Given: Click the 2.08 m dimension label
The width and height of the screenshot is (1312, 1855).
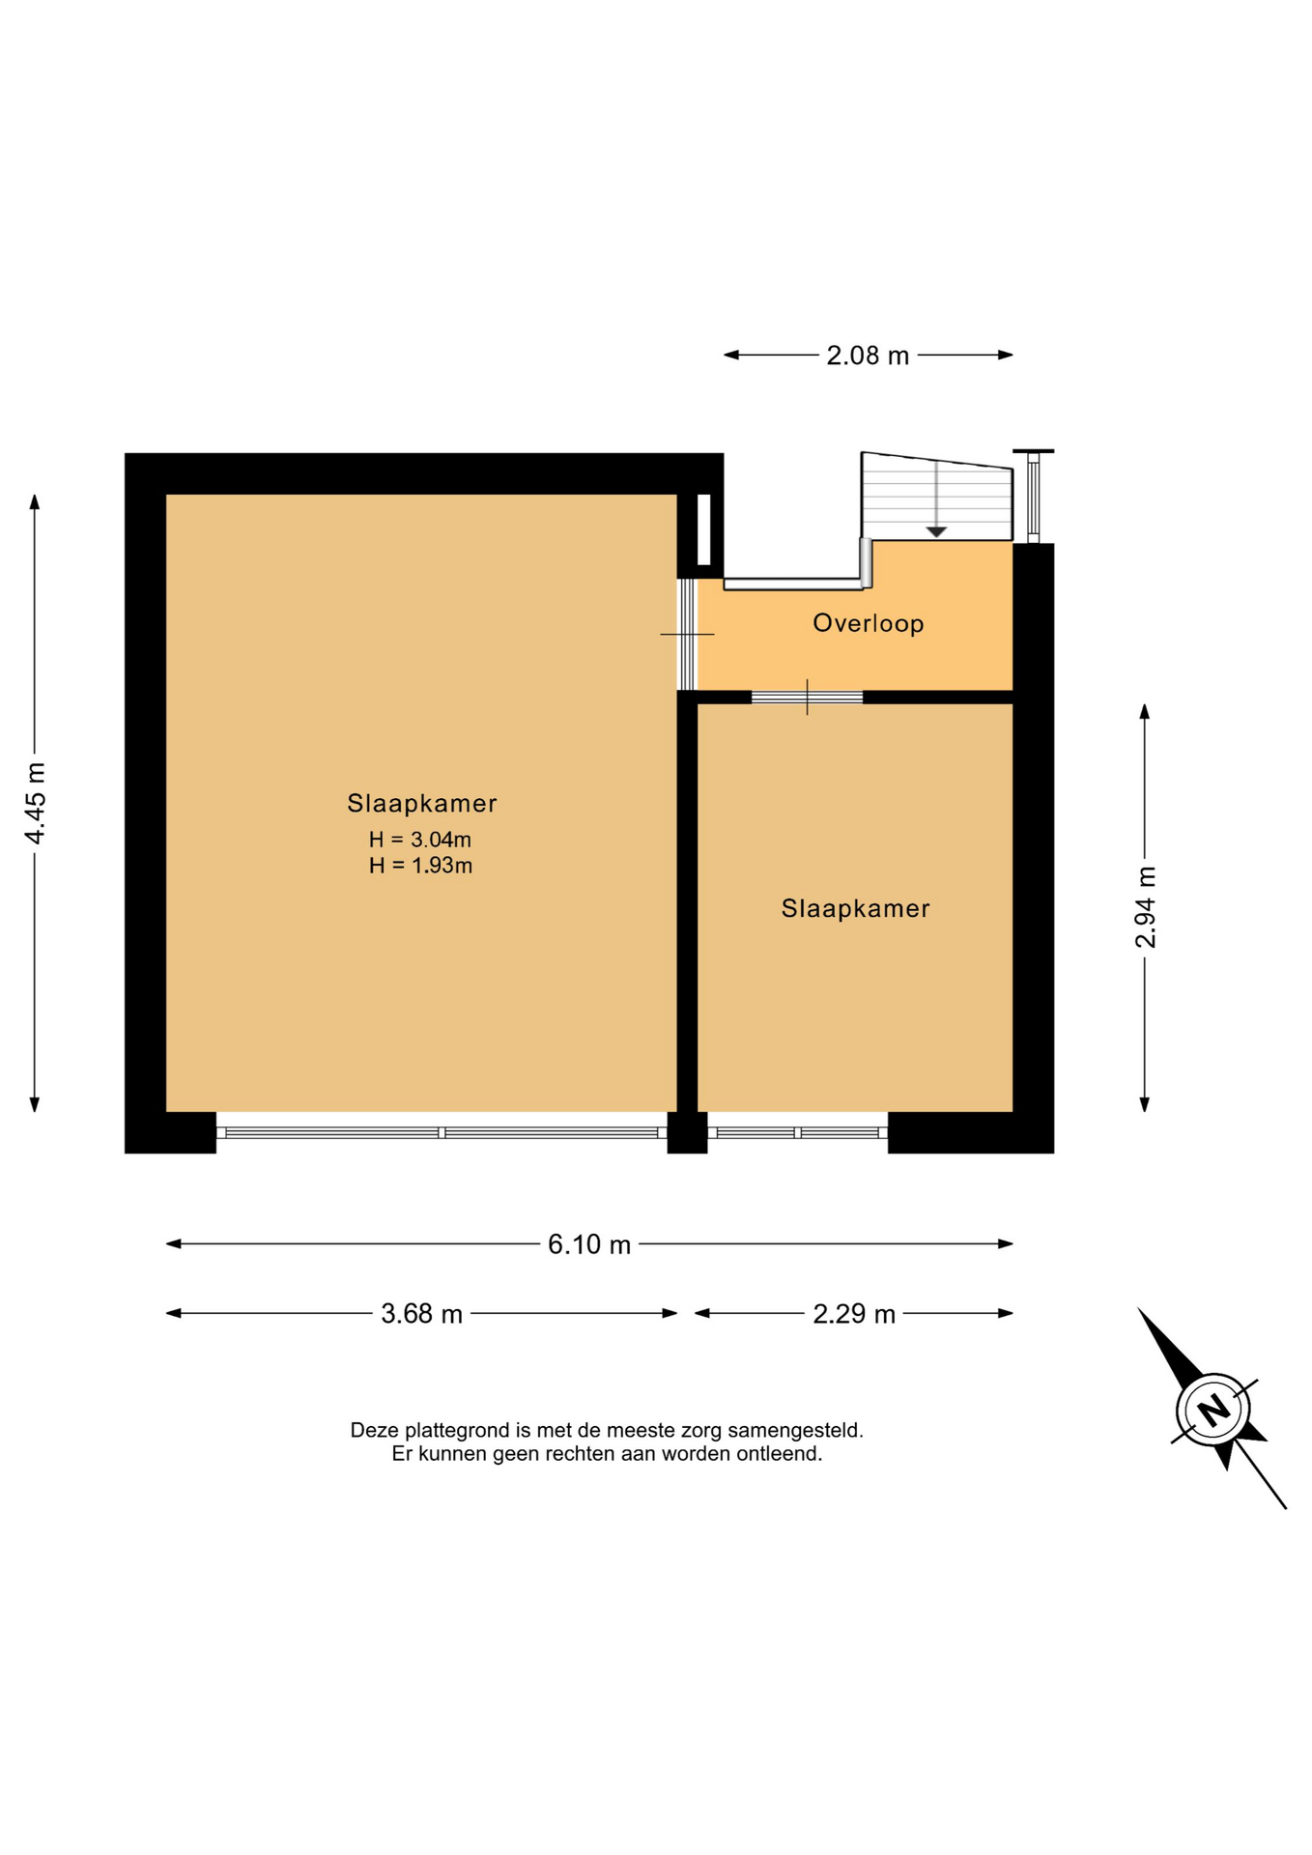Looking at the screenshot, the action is point(867,356).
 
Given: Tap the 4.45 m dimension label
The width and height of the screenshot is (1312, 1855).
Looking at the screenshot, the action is point(35,803).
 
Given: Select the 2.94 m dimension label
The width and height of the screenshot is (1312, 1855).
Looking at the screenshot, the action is point(1145,907).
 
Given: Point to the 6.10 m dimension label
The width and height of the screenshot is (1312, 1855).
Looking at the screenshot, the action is point(589,1244).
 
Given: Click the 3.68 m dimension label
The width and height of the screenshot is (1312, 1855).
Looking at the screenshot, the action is point(421,1314).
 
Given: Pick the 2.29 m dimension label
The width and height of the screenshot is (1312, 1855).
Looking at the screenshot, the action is point(854,1314).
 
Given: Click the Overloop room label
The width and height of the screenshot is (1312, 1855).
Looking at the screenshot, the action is point(869,623).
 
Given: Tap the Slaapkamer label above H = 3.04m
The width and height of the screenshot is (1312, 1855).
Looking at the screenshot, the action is point(422,803).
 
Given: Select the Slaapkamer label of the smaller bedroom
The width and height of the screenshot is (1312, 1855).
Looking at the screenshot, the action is point(856,908).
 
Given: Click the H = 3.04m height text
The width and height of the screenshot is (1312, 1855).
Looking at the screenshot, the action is point(420,840).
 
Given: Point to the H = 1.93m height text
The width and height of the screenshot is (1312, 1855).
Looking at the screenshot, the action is point(420,866).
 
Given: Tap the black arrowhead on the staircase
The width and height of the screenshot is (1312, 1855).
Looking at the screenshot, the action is point(936,532).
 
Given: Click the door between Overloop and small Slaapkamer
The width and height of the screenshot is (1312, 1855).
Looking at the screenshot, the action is point(807,697).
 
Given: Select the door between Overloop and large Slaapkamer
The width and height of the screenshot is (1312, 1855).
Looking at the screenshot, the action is point(687,634).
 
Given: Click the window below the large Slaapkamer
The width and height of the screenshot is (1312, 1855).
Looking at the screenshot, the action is point(442,1132).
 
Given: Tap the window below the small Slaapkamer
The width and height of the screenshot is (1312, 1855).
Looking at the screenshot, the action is point(798,1132).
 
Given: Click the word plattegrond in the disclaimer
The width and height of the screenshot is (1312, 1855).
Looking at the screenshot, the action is point(457,1431).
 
